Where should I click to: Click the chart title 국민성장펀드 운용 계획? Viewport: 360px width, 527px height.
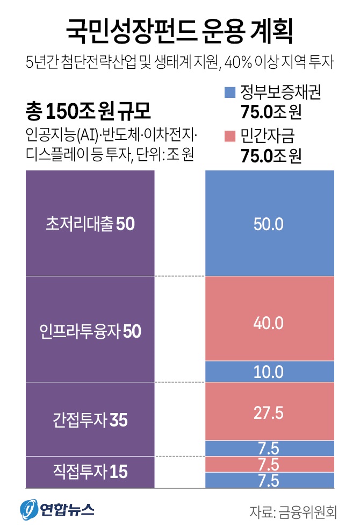[x=179, y=31]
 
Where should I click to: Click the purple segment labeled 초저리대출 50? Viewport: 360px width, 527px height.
[x=90, y=224]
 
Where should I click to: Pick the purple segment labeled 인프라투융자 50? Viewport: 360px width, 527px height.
[x=90, y=330]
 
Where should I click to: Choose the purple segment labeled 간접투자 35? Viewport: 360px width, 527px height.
[x=90, y=419]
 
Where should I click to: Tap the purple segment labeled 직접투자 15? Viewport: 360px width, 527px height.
[x=90, y=472]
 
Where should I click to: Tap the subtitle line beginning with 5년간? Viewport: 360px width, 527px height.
[x=179, y=62]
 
